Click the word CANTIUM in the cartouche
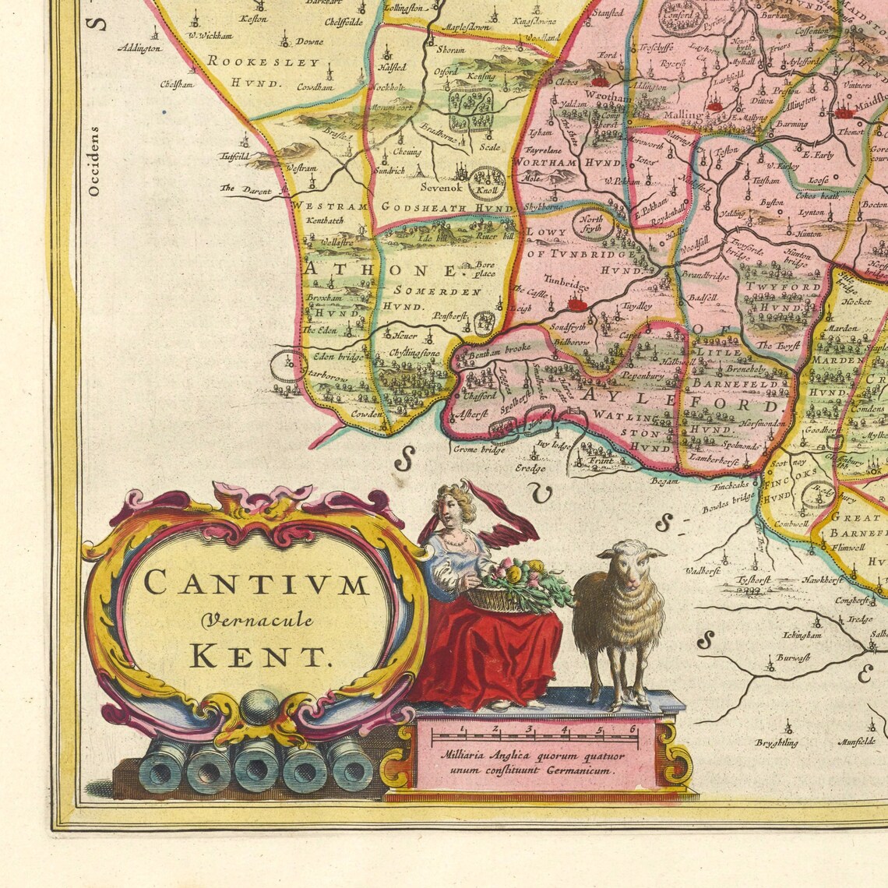tap(256, 583)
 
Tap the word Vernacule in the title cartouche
tap(257, 620)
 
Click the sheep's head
tap(633, 566)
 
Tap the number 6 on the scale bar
tap(633, 729)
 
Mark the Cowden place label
tap(366, 415)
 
